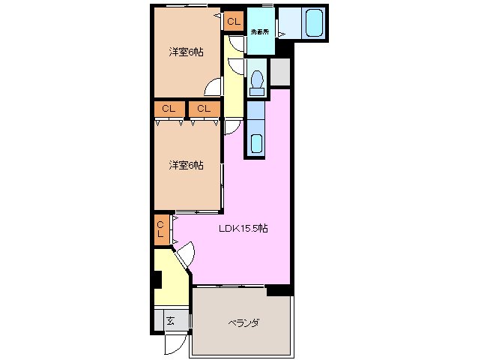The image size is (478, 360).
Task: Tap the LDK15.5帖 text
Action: point(243,229)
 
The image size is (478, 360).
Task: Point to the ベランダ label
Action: point(243,322)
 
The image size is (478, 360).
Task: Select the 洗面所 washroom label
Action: point(259,32)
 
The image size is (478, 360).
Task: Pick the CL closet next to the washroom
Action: point(234,22)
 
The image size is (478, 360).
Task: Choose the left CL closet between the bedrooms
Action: point(169,109)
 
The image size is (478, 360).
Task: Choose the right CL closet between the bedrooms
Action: point(204,109)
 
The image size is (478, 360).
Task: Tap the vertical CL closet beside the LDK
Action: point(160,229)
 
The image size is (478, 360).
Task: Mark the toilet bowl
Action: point(258,79)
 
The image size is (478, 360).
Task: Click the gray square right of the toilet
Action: point(279,71)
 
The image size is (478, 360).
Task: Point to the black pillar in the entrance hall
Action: point(157,279)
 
